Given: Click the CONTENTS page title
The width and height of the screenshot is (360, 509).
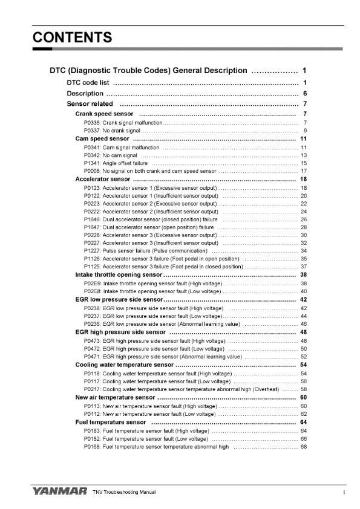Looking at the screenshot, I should pos(72,37).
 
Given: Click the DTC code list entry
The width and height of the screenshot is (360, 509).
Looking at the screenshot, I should pos(88,82).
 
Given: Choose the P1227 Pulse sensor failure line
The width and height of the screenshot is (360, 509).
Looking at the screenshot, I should pos(145,250).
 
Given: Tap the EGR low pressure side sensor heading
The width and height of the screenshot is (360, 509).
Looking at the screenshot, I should pos(119,300).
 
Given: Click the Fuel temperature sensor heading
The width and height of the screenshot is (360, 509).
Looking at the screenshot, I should pos(111,422).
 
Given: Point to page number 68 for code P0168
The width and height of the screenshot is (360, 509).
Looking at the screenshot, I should pos(304,447).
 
